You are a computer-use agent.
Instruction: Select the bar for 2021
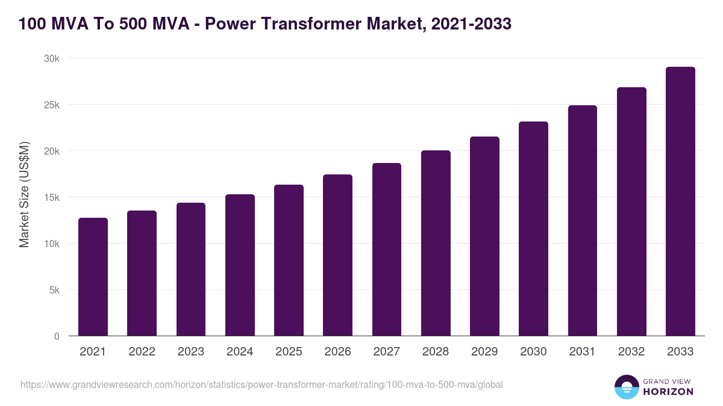(x=93, y=277)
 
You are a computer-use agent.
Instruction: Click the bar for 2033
(x=680, y=201)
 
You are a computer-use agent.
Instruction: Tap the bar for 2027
(x=387, y=250)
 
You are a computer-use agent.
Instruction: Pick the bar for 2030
(x=533, y=229)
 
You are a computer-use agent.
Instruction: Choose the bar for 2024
(x=240, y=265)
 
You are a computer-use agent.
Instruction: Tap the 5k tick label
(x=54, y=290)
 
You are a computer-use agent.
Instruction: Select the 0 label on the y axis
(x=57, y=336)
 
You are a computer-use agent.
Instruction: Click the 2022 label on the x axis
(x=142, y=352)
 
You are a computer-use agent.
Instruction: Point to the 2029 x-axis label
(x=484, y=352)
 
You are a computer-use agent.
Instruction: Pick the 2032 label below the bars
(x=631, y=352)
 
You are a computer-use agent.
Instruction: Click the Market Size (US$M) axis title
(x=24, y=194)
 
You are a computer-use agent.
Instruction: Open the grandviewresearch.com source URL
(x=261, y=384)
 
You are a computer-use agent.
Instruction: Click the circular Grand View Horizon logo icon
(x=626, y=387)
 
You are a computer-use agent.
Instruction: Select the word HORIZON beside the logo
(x=668, y=392)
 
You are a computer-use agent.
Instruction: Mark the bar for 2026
(x=337, y=255)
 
